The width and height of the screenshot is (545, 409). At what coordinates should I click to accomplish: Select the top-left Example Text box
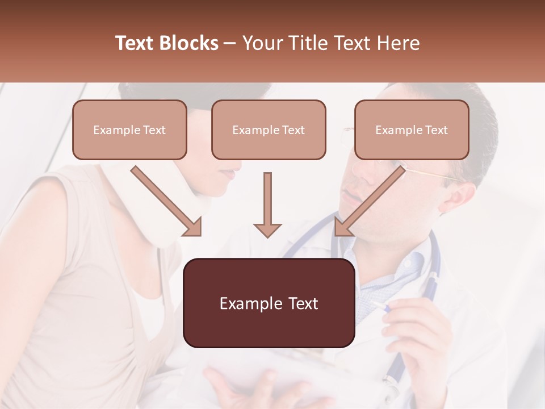point(129,130)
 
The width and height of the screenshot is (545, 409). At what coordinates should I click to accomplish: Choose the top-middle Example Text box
point(269,130)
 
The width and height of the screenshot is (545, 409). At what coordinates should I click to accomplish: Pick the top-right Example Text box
point(412,130)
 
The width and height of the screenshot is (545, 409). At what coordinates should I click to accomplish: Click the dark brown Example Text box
point(269,303)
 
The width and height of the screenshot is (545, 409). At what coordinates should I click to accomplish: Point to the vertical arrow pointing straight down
point(267,207)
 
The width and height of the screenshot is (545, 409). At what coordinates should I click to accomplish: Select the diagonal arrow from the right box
point(369,202)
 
